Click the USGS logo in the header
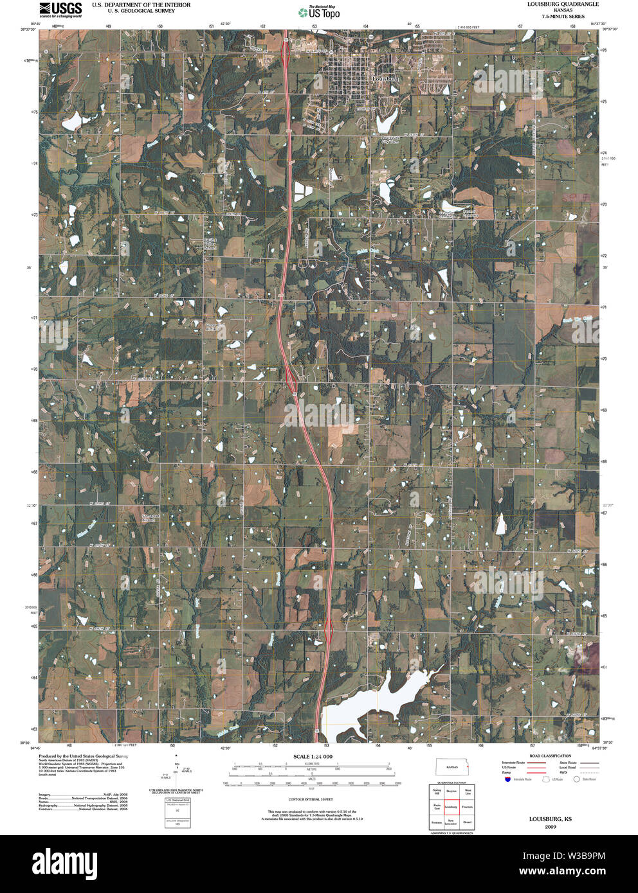(x=60, y=9)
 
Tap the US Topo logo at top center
(x=320, y=12)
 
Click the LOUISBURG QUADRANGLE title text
(x=553, y=4)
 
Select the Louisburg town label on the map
(x=386, y=79)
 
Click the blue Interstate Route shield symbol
(x=507, y=779)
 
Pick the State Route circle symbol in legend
(x=577, y=779)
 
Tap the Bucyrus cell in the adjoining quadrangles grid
(x=451, y=791)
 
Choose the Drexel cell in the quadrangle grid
(x=467, y=822)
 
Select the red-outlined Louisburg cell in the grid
(x=451, y=806)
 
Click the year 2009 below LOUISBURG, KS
(x=550, y=827)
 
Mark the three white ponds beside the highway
(x=300, y=191)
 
